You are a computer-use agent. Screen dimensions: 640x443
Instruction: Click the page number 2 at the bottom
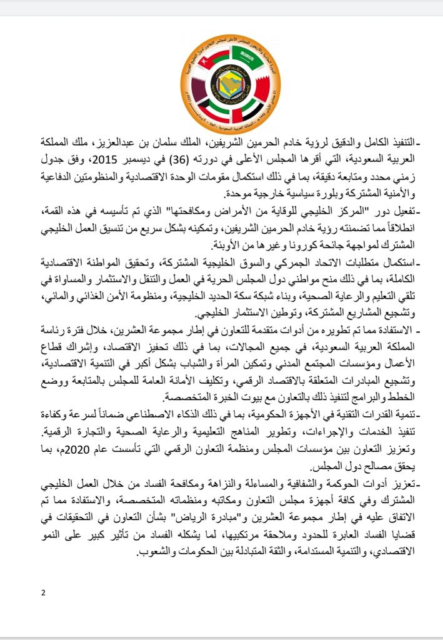pos(43,592)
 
